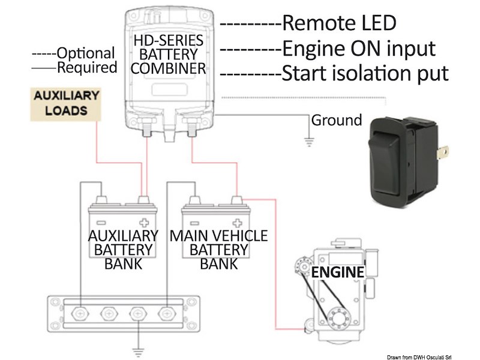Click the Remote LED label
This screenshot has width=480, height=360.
click(339, 23)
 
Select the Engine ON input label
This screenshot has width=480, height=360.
click(358, 49)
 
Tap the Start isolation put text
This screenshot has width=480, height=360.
click(365, 74)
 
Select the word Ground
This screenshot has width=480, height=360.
click(336, 120)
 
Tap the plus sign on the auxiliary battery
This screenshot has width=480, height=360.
click(143, 211)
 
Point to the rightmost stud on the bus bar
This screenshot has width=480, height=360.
click(166, 314)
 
